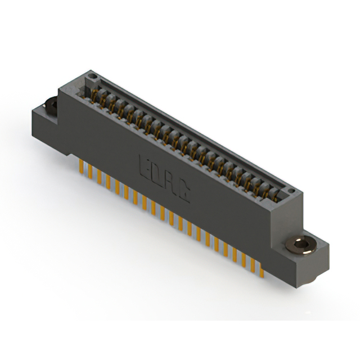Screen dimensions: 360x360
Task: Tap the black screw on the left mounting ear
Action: click(50, 105)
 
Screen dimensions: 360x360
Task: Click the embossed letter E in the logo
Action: click(144, 166)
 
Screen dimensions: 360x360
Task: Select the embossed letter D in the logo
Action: click(157, 175)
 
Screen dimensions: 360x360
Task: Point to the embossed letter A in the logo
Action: click(171, 184)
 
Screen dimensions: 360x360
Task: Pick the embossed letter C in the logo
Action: click(184, 193)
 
